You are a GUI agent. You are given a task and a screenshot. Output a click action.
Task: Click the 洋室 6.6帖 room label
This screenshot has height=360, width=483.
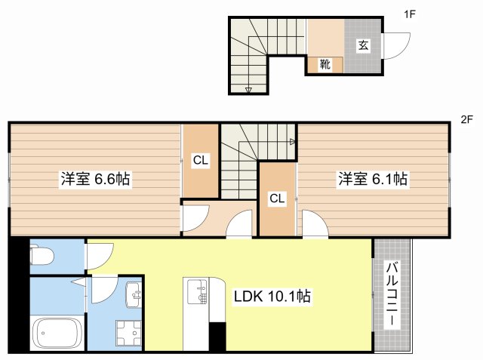[95, 180]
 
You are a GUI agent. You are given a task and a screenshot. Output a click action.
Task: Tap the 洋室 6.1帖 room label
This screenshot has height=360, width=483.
[372, 180]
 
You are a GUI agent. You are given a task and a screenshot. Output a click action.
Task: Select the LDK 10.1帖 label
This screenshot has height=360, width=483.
[272, 297]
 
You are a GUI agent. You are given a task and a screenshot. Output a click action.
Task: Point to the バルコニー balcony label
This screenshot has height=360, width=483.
[393, 294]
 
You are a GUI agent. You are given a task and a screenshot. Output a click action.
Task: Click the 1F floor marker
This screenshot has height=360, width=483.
[409, 14]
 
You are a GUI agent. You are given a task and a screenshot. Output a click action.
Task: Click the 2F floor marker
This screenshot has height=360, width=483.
[466, 119]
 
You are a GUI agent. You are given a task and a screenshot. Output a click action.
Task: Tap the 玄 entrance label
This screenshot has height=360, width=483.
[363, 45]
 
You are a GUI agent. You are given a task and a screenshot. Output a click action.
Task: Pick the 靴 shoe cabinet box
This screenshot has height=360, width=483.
[325, 65]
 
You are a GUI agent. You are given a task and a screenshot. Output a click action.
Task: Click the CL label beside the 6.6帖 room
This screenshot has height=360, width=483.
[200, 160]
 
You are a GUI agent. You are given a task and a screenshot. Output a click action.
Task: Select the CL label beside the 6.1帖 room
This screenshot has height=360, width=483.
[278, 198]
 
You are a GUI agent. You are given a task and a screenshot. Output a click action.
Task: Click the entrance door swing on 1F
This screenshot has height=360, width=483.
[395, 47]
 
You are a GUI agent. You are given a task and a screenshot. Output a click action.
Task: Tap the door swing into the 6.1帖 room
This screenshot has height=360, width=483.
[313, 225]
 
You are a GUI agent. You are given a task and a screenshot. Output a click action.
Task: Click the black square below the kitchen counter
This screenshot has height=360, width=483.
[217, 336]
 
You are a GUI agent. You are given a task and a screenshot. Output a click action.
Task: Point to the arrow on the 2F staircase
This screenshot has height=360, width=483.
[292, 141]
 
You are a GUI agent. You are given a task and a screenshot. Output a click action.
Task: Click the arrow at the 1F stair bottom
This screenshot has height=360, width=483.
[249, 90]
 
